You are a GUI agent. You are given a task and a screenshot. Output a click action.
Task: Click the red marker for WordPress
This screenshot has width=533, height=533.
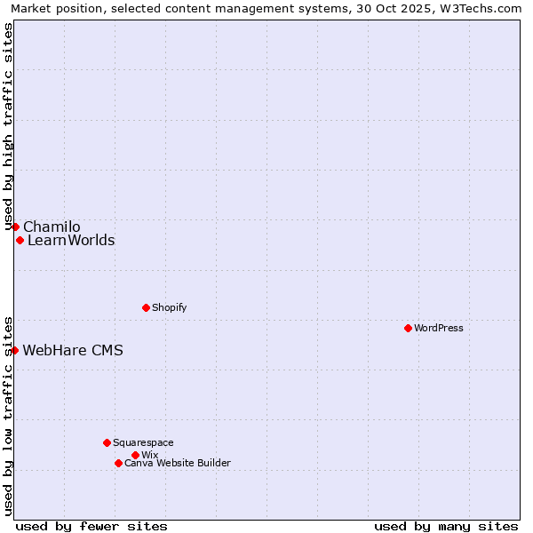[x=408, y=328]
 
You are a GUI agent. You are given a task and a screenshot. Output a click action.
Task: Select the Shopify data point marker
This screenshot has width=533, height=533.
[x=146, y=307]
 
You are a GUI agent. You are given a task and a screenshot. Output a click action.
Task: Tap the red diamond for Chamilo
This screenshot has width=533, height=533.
[x=15, y=227]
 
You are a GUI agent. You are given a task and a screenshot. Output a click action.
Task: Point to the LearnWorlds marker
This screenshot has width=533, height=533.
[x=20, y=240]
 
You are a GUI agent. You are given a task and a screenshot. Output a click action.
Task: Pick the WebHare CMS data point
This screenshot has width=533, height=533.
[x=14, y=350]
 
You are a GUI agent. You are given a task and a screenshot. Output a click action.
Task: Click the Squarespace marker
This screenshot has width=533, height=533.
[x=107, y=442]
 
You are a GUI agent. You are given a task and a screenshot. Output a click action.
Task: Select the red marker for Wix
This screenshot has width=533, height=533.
[x=135, y=455]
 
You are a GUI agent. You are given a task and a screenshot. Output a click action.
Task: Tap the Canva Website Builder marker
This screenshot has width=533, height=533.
[x=118, y=463]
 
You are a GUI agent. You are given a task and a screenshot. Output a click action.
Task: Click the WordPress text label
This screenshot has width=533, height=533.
[x=439, y=328]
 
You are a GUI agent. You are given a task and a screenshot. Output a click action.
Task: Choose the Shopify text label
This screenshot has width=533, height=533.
[x=169, y=307]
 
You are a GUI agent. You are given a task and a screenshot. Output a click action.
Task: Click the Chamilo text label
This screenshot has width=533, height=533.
[x=52, y=227]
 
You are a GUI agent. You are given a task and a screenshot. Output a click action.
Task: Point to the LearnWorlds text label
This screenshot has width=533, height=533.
[x=71, y=240]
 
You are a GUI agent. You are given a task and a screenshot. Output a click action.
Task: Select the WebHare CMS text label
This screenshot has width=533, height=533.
[x=73, y=350]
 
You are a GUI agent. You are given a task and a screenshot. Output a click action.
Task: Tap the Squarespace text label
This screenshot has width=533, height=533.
[x=143, y=442]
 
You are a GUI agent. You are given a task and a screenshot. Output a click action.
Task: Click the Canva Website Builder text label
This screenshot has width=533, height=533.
[x=178, y=463]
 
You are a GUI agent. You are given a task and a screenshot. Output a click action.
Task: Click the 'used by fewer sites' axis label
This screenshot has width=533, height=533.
[x=91, y=526]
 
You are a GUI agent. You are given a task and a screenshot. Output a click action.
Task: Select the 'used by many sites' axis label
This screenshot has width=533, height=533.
[x=446, y=526]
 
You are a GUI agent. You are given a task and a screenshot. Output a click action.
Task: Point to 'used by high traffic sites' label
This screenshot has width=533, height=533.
[x=8, y=126]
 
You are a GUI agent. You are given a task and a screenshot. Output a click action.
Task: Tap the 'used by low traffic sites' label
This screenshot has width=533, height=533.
[x=8, y=415]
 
